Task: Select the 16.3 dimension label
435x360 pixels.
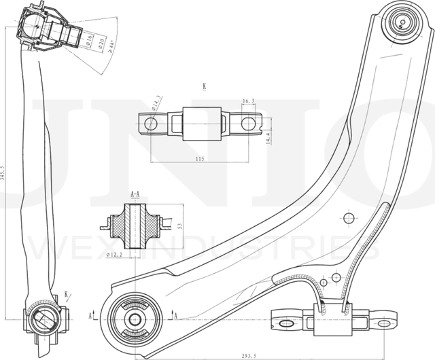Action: (248, 101)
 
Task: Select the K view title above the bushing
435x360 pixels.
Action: (203, 86)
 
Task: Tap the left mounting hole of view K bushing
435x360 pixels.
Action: (151, 124)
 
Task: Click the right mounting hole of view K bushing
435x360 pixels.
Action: (249, 124)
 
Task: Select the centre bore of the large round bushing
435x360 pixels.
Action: (133, 317)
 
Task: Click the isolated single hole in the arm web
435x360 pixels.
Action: (349, 218)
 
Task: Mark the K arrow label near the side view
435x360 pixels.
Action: (66, 294)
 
